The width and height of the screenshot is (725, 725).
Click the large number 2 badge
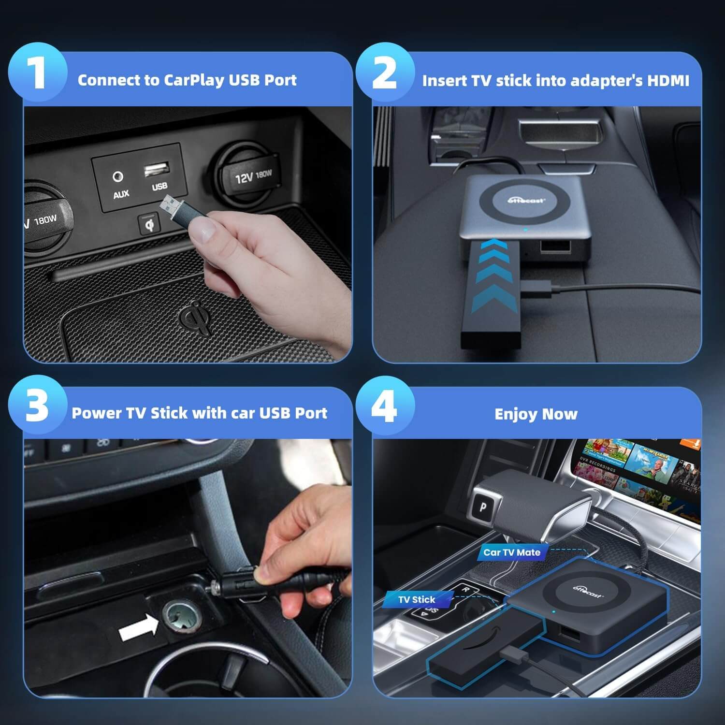pyautogui.click(x=385, y=73)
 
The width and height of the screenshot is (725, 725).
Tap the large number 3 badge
pyautogui.click(x=37, y=406)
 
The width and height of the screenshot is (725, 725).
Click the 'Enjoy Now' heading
pyautogui.click(x=536, y=414)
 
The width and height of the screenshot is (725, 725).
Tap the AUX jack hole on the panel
pyautogui.click(x=117, y=177)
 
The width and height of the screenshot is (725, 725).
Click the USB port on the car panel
pyautogui.click(x=157, y=169)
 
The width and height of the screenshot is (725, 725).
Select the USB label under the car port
pyautogui.click(x=159, y=187)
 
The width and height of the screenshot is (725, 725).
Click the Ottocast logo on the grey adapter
pyautogui.click(x=527, y=199)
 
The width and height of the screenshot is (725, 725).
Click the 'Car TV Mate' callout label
pyautogui.click(x=512, y=552)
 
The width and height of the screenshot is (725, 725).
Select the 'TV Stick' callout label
pyautogui.click(x=417, y=599)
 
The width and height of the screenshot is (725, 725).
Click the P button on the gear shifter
pyautogui.click(x=484, y=507)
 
